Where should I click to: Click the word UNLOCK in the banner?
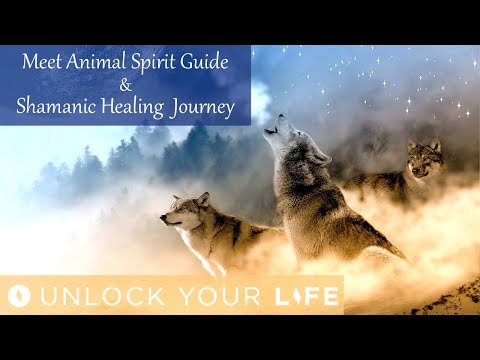coord(86,296)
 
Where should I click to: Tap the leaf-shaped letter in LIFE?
coord(298,296)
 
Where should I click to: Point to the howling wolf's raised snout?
coord(269,126)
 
